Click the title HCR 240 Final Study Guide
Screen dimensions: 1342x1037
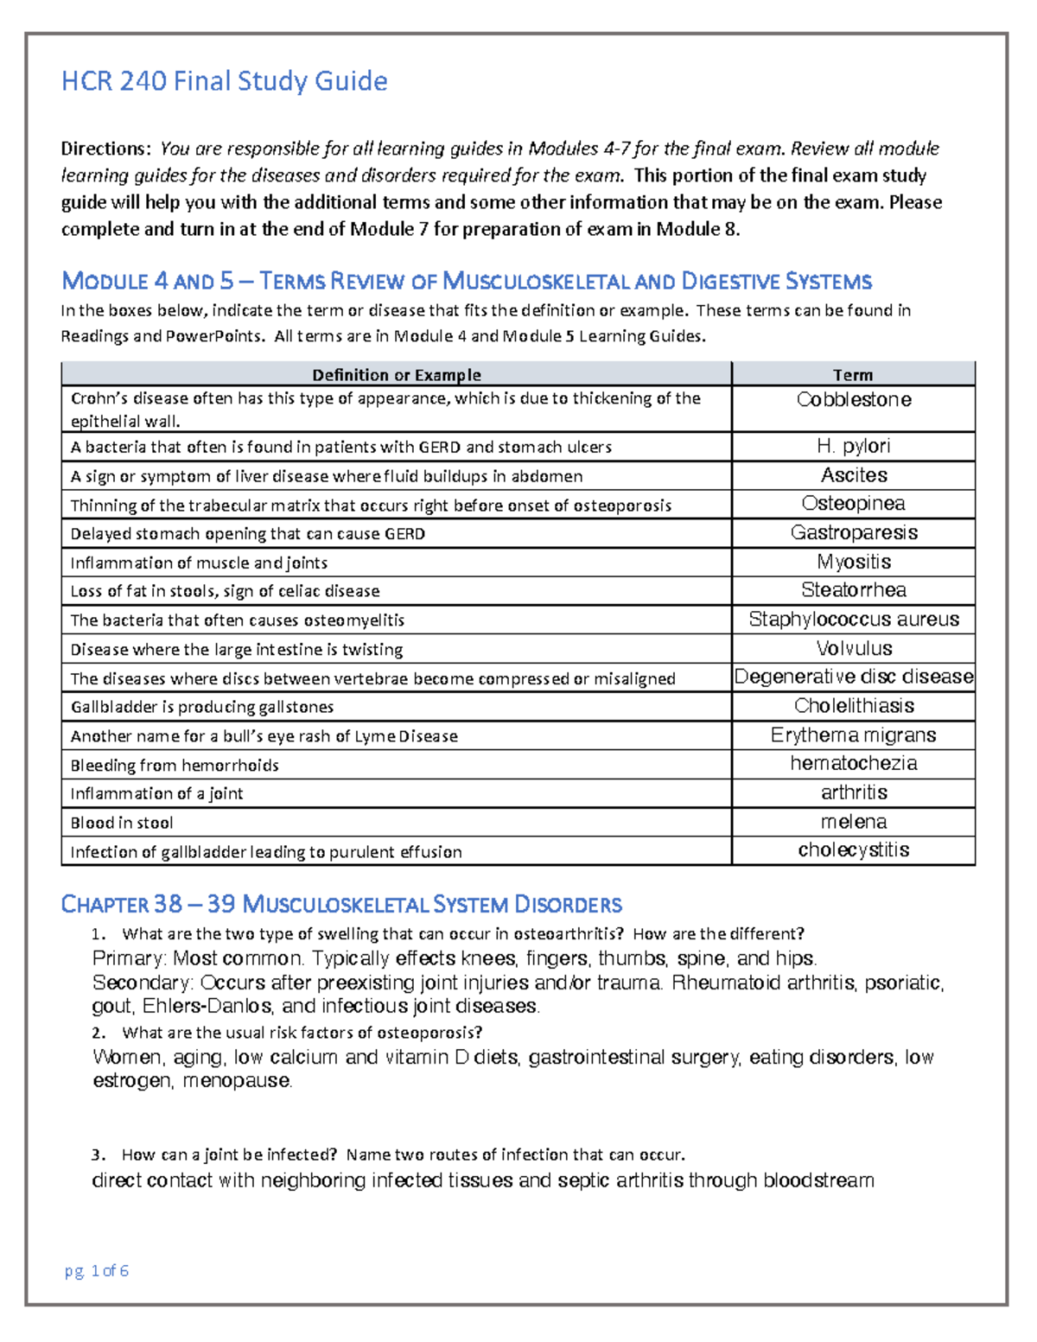tap(224, 81)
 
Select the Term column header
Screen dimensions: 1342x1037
tap(853, 374)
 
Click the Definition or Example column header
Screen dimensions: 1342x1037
tap(396, 374)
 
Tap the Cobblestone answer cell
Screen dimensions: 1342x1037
tap(853, 400)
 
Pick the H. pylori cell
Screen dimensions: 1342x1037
tap(853, 446)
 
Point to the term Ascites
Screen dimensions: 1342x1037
tap(853, 475)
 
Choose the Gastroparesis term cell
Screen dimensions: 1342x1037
tap(853, 533)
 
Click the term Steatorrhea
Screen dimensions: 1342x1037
tap(853, 590)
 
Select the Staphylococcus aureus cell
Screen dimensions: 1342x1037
tap(853, 620)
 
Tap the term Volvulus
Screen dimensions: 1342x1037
tap(853, 648)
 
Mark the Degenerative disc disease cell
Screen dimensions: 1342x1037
tap(853, 677)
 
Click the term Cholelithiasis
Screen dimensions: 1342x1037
tap(853, 706)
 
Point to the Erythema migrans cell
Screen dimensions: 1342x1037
tap(853, 735)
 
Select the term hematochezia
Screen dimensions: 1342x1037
tap(853, 764)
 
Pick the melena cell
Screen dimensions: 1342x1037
tap(853, 822)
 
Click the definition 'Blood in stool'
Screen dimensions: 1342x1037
tap(122, 823)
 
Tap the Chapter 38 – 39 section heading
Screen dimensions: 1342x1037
tap(340, 905)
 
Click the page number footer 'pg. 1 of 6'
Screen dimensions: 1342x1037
tap(97, 1270)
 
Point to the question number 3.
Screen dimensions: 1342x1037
tap(98, 1155)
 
